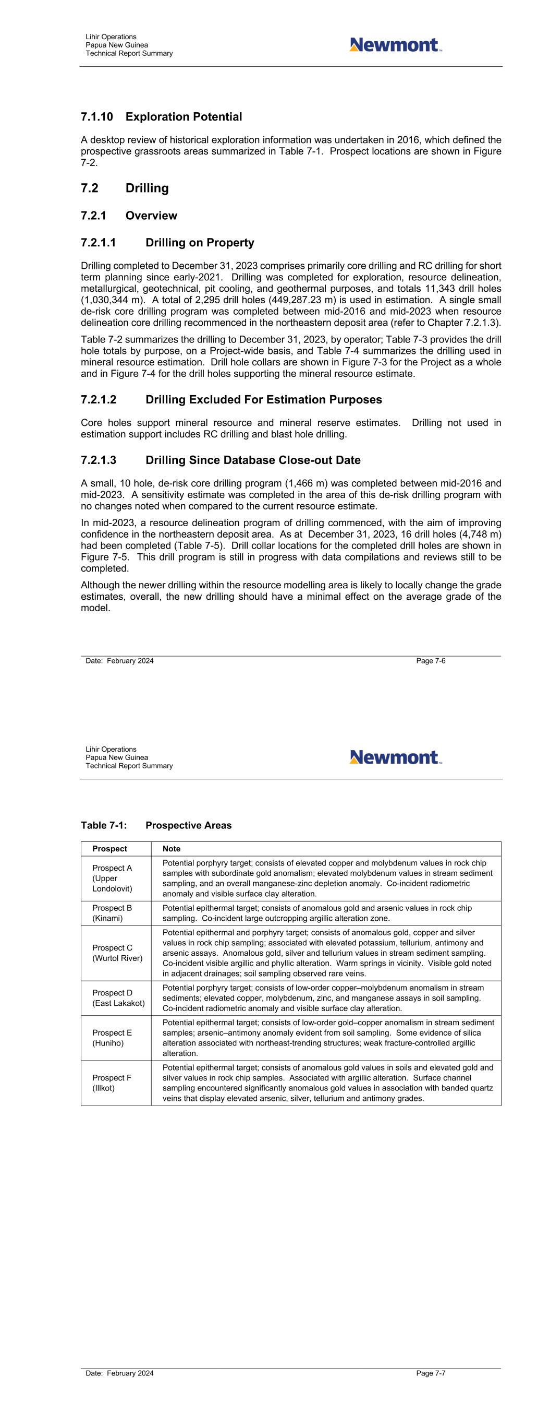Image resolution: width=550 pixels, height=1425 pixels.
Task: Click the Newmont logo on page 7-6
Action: click(395, 45)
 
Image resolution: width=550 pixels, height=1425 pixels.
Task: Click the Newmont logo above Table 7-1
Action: click(395, 757)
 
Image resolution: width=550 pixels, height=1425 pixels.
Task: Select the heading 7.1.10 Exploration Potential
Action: click(162, 117)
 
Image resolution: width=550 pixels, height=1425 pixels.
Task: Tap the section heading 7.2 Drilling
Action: click(125, 188)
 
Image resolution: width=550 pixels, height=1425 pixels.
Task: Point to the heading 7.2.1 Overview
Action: click(129, 216)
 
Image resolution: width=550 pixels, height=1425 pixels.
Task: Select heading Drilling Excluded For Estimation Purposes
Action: click(231, 400)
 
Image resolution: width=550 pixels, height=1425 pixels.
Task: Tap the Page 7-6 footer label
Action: click(431, 660)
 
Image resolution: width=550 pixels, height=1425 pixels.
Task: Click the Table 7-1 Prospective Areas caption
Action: click(156, 825)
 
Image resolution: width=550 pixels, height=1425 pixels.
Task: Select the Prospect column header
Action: click(109, 849)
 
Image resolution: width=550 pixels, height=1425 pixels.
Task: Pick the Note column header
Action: click(172, 849)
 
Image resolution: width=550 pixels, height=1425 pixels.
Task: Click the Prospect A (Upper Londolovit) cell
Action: click(112, 878)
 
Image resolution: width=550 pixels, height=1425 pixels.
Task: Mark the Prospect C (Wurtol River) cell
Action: click(117, 953)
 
